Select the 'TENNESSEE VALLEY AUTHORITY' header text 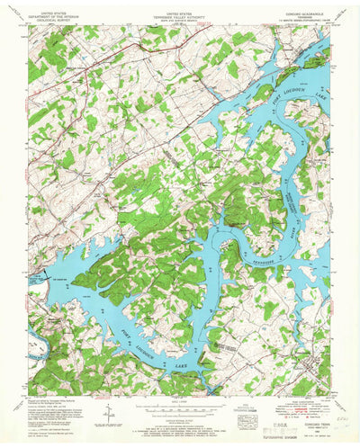[x=179, y=16]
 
